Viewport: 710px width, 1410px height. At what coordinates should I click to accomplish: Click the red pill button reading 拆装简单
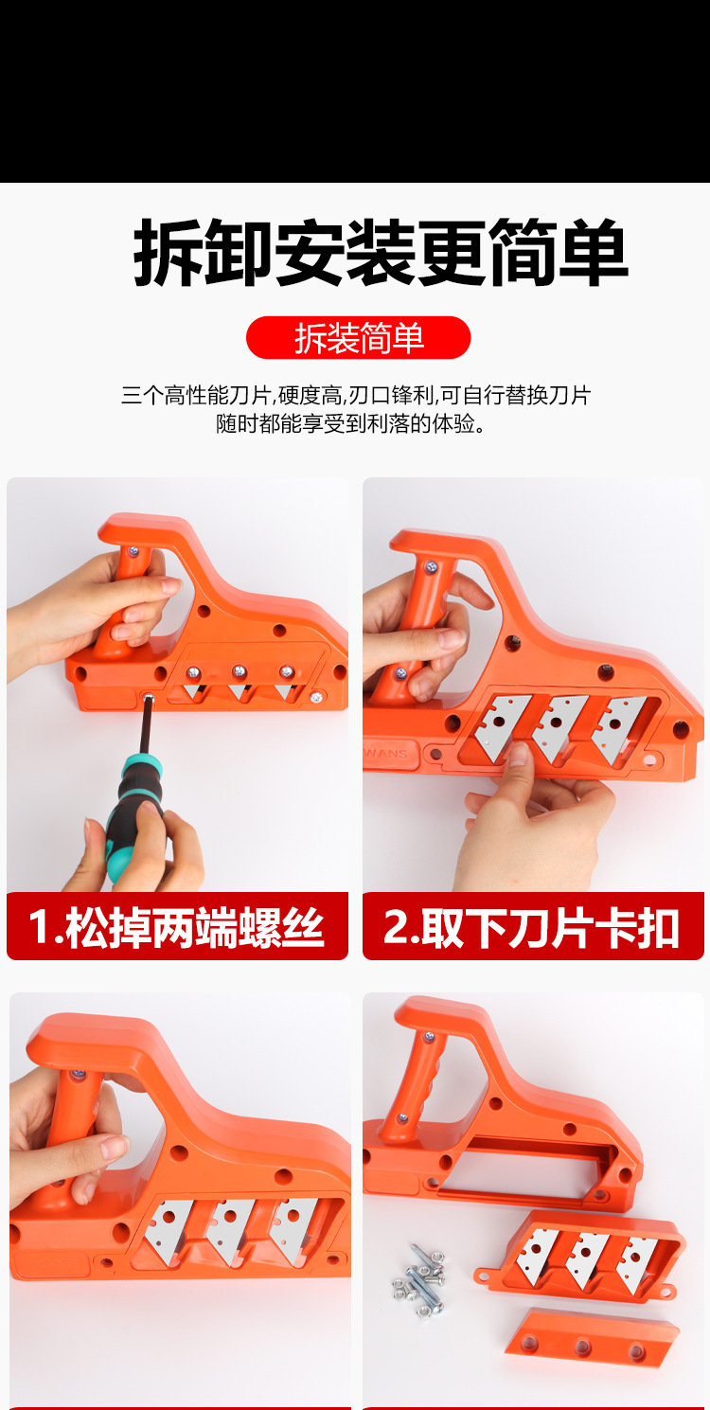point(358,338)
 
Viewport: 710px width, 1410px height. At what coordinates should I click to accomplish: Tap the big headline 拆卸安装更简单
point(381,253)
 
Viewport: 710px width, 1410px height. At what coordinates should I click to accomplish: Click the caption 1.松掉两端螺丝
point(177,927)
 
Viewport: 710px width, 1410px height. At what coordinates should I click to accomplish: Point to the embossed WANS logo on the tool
point(386,753)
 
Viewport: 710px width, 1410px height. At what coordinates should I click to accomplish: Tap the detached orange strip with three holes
point(592,1338)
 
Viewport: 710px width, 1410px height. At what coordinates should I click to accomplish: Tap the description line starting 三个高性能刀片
point(356,395)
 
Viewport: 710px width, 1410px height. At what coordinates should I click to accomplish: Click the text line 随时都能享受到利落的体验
point(350,423)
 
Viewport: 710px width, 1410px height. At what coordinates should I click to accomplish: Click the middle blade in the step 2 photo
point(559,727)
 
